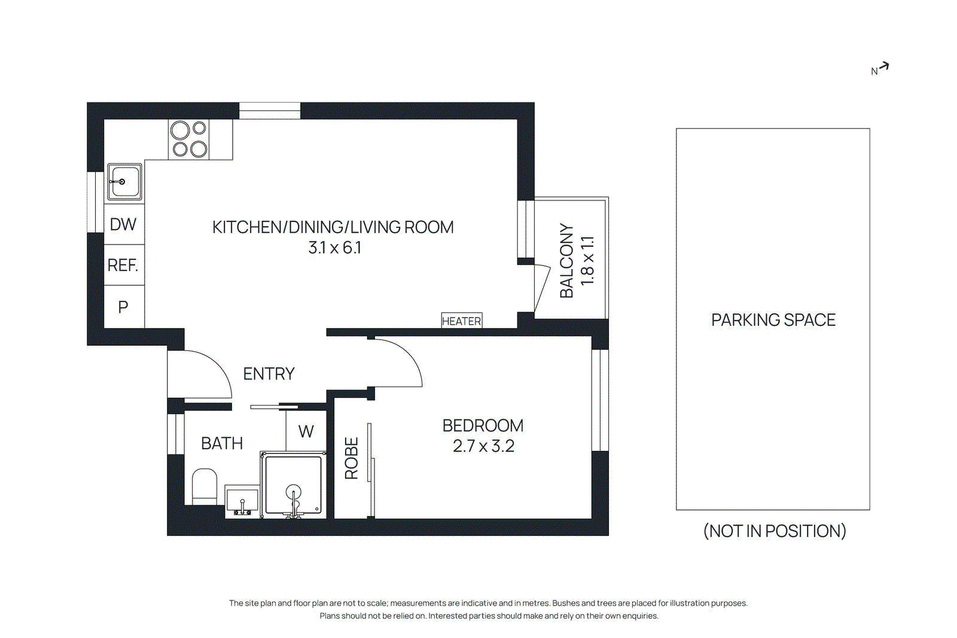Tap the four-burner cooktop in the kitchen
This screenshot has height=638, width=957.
click(189, 139)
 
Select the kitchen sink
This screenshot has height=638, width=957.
click(124, 182)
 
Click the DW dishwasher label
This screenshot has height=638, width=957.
click(123, 224)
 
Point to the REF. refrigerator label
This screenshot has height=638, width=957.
click(123, 265)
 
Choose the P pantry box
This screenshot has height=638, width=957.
click(123, 307)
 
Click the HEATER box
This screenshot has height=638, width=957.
click(461, 321)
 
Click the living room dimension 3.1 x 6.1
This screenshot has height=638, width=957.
click(334, 248)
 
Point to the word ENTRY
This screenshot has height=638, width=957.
click(269, 374)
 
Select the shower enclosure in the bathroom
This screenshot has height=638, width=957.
click(293, 484)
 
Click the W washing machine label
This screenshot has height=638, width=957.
click(306, 431)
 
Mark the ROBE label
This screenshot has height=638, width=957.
click(352, 458)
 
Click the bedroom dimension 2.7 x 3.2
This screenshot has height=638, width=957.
click(483, 446)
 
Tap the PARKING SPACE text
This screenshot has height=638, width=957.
click(773, 320)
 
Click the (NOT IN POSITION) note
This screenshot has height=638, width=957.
click(774, 531)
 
